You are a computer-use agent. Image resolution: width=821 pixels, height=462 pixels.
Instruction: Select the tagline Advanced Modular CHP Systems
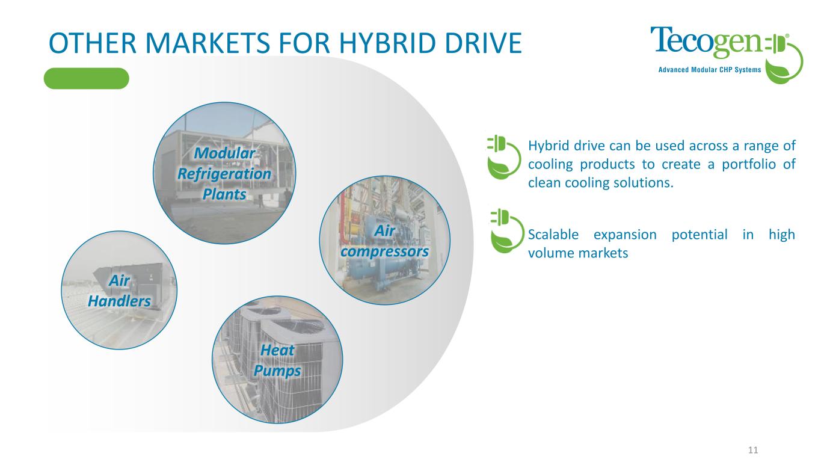[x=710, y=70]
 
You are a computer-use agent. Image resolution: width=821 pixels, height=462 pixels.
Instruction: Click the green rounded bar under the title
[x=87, y=78]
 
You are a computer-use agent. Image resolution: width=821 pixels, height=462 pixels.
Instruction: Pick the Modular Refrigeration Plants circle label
[x=224, y=174]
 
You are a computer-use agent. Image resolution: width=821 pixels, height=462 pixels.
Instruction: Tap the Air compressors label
[x=385, y=241]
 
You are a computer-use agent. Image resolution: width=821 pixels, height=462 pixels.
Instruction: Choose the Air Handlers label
[x=120, y=291]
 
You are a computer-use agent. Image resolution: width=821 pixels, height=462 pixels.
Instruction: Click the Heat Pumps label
[x=277, y=360]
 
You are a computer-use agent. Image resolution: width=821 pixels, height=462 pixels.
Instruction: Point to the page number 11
[x=753, y=450]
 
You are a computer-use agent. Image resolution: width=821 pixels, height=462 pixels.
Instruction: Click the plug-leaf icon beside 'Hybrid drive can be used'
[x=503, y=157]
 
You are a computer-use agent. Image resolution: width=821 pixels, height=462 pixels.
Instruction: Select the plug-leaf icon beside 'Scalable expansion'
[x=507, y=231]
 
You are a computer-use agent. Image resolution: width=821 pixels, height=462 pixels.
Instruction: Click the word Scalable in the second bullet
[x=553, y=235]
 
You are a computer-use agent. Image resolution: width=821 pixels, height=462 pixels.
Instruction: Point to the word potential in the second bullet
[x=700, y=235]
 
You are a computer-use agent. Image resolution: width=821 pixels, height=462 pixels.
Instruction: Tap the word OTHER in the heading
[x=93, y=43]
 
